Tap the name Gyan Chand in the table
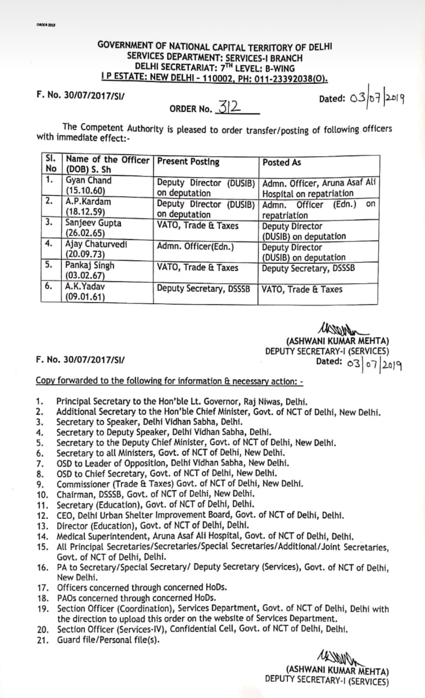pos(89,181)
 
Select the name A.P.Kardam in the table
pos(88,202)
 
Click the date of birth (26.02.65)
pos(83,234)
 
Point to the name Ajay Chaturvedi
pos(96,244)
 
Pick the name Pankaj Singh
pos(90,266)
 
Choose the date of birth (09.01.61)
pos(85,297)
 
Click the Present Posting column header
pos(188,162)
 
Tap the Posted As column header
pos(282,162)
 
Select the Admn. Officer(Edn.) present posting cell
pos(195,247)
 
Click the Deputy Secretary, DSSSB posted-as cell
pos(308,268)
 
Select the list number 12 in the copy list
pos(42,516)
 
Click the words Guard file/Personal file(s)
pos(108,640)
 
